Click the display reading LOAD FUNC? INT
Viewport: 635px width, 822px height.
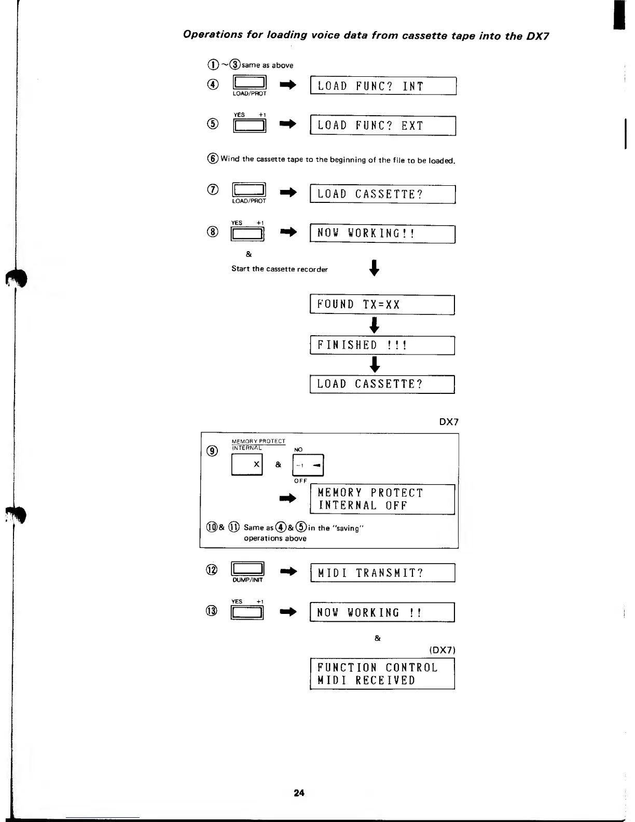(383, 86)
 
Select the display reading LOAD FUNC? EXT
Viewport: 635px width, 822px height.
(383, 126)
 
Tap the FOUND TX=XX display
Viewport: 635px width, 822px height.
(382, 305)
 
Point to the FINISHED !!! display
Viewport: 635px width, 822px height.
(382, 346)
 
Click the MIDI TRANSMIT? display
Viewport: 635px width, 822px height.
(382, 573)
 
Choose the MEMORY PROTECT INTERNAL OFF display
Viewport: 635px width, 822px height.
(382, 499)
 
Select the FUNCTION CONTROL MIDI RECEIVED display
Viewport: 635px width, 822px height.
(382, 674)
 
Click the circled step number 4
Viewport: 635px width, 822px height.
(213, 85)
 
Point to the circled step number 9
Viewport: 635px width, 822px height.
(212, 451)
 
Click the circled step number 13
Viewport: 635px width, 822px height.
(212, 611)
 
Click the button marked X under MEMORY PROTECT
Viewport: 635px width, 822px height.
(247, 464)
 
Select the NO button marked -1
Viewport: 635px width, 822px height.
(309, 465)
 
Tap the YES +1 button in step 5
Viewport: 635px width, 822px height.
(250, 126)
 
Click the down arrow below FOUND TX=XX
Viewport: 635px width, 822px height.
(374, 325)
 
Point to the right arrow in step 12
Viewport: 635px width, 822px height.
(288, 572)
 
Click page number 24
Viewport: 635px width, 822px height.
(299, 792)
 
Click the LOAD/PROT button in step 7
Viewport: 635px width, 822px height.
(250, 190)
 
